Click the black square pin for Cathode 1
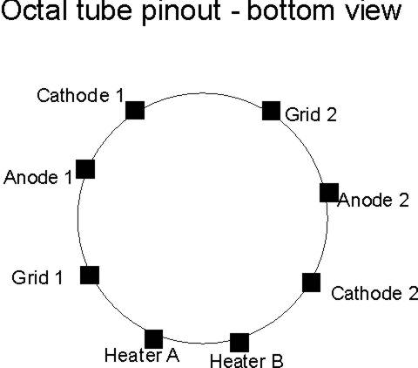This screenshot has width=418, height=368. (x=135, y=111)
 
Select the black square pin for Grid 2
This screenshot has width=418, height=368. (x=271, y=111)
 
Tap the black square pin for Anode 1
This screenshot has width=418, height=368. (x=85, y=169)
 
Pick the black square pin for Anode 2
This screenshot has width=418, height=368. (x=329, y=193)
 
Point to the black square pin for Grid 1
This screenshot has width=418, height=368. (x=90, y=275)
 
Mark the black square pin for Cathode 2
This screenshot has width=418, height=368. (x=312, y=283)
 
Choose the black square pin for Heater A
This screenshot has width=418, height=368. (x=154, y=339)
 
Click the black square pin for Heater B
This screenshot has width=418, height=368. (x=239, y=343)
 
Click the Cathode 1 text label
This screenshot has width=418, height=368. (x=80, y=95)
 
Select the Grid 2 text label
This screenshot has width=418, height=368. (x=311, y=114)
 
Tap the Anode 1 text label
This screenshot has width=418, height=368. (x=37, y=177)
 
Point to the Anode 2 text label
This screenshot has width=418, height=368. (x=374, y=200)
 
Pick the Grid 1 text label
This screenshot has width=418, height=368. (x=37, y=277)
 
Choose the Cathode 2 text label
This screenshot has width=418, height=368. (x=374, y=293)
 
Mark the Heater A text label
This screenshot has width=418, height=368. (x=142, y=355)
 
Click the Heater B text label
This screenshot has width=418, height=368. (x=246, y=361)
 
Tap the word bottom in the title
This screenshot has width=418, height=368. (x=290, y=10)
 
